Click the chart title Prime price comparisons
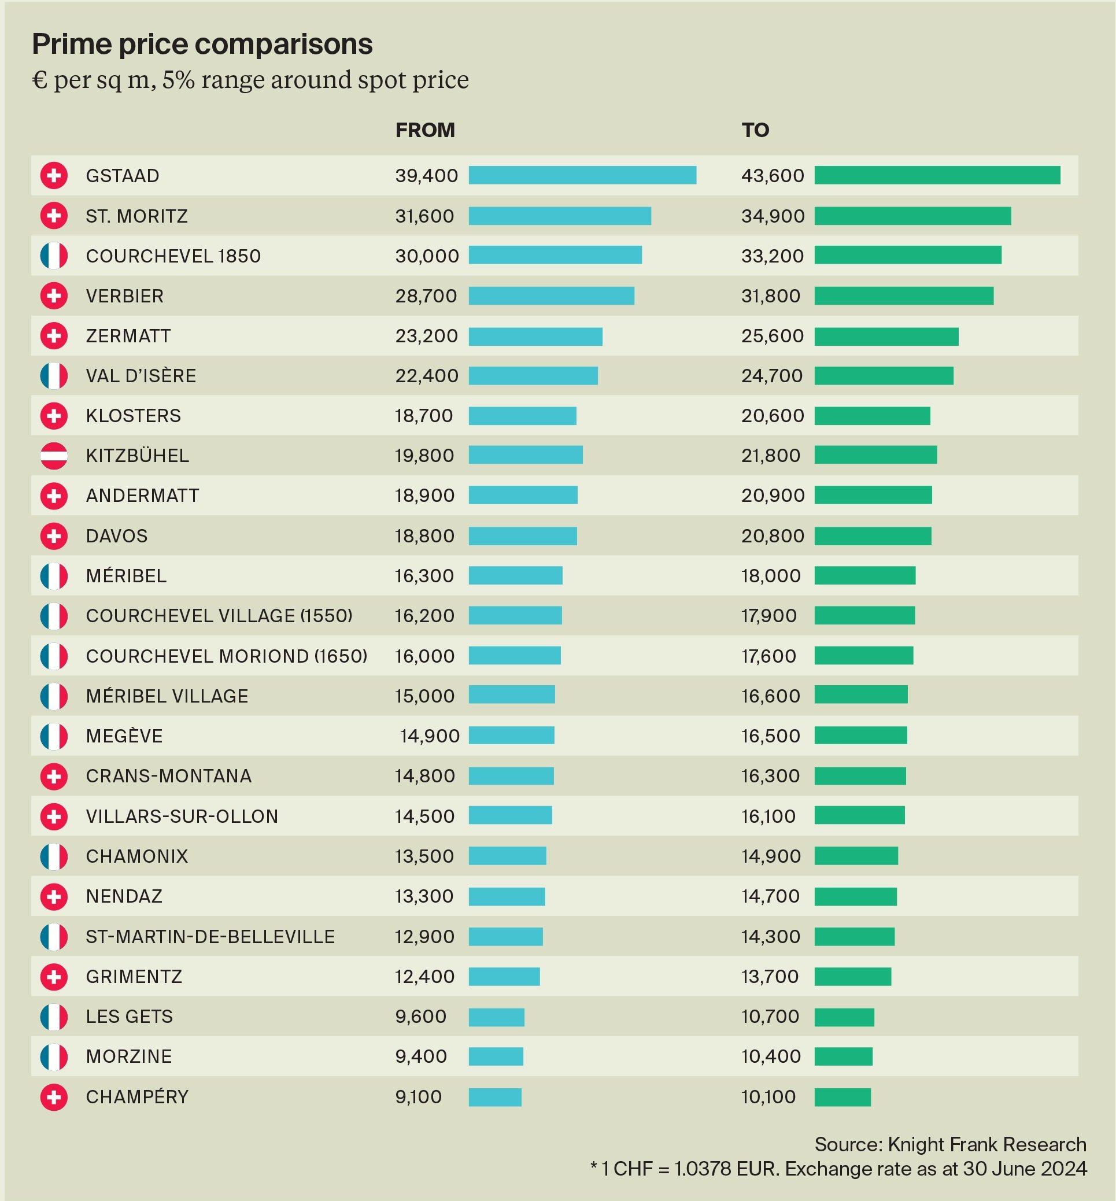click(202, 44)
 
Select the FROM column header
click(424, 130)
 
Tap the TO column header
click(755, 130)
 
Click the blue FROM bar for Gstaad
click(582, 175)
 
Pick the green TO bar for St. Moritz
click(912, 216)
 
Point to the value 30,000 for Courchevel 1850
click(427, 256)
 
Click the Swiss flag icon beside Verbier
click(54, 296)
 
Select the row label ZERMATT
click(128, 336)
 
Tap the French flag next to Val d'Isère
click(54, 376)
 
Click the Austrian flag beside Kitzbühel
click(54, 455)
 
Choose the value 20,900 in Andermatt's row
click(773, 496)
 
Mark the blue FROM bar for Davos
click(522, 535)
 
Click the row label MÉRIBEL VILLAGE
click(167, 696)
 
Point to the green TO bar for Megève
click(860, 736)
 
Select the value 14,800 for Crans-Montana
click(424, 776)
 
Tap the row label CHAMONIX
click(137, 856)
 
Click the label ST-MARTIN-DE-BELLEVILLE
click(210, 936)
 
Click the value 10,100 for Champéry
click(768, 1096)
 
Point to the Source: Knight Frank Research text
click(950, 1144)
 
